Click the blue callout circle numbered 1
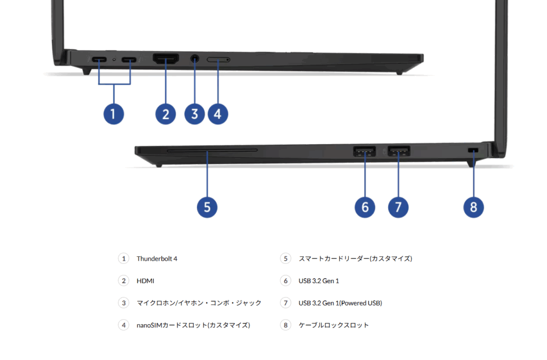113,113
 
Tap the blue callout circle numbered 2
166,113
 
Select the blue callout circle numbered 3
194,113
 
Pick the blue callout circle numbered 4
218,113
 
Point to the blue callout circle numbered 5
207,207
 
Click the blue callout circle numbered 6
365,207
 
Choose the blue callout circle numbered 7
398,207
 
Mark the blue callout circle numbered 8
474,207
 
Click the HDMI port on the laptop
166,59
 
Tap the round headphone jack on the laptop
194,59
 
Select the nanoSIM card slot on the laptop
218,60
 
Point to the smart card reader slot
212,151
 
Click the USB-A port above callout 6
365,152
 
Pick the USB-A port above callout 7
398,152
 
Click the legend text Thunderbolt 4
157,259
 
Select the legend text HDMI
145,281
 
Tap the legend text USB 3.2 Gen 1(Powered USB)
340,303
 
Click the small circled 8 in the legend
286,325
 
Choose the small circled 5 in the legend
286,259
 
